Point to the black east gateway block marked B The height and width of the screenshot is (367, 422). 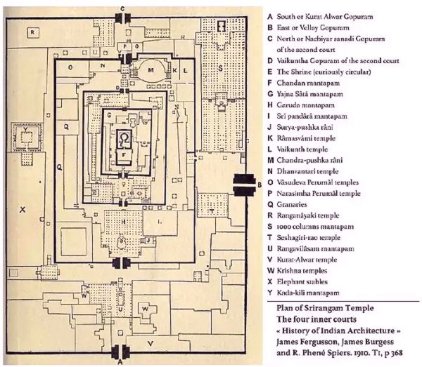pyautogui.click(x=246, y=184)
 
